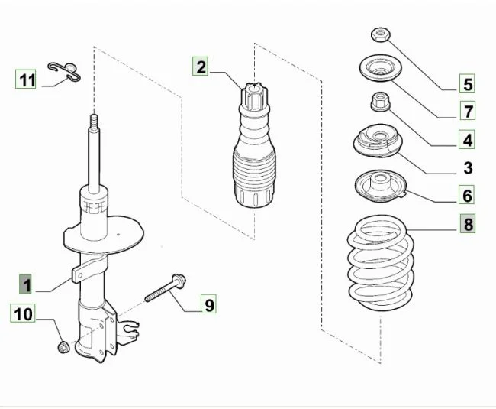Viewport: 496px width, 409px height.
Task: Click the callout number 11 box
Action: pos(26,80)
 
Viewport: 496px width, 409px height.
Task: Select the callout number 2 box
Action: pos(200,67)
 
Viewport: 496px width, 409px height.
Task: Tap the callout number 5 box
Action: pos(467,83)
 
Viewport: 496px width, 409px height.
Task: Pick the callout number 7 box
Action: pos(467,111)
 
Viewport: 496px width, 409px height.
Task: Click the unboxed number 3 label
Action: pos(468,168)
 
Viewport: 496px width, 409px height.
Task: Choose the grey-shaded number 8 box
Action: pos(467,223)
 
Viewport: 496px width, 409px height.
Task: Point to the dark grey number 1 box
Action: pos(25,284)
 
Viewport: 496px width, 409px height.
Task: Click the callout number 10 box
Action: pos(23,313)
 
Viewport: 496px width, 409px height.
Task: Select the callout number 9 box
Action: pos(208,304)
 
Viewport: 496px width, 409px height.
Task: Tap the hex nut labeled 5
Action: pos(381,34)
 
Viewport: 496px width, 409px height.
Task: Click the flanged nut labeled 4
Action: pos(380,102)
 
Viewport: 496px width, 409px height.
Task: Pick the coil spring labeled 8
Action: pos(381,263)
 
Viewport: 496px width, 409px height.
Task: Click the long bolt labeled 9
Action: pos(165,287)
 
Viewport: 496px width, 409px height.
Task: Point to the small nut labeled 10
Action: pos(64,347)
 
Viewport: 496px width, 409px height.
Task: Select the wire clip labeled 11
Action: pos(64,71)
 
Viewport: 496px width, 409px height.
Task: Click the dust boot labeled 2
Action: pos(254,145)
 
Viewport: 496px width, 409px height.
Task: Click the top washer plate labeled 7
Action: pos(381,68)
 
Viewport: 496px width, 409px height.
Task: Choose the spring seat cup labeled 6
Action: pos(380,187)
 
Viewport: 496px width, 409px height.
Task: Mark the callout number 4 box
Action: pos(467,139)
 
